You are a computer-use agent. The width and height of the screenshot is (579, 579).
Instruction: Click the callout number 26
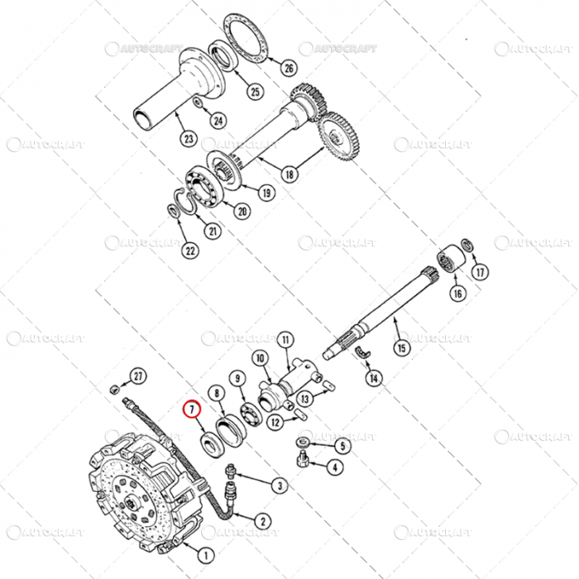click(x=289, y=68)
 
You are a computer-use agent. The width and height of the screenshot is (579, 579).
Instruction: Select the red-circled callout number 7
click(x=191, y=409)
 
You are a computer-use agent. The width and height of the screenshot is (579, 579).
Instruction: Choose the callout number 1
click(x=206, y=557)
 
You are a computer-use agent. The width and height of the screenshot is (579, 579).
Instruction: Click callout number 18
click(x=289, y=175)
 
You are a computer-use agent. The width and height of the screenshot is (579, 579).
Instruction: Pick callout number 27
click(x=138, y=376)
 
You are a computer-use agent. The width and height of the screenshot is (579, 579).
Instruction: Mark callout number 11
click(x=285, y=339)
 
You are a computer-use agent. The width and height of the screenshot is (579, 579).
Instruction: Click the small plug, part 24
click(x=198, y=102)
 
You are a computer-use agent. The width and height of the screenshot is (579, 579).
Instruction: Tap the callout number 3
click(x=280, y=486)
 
